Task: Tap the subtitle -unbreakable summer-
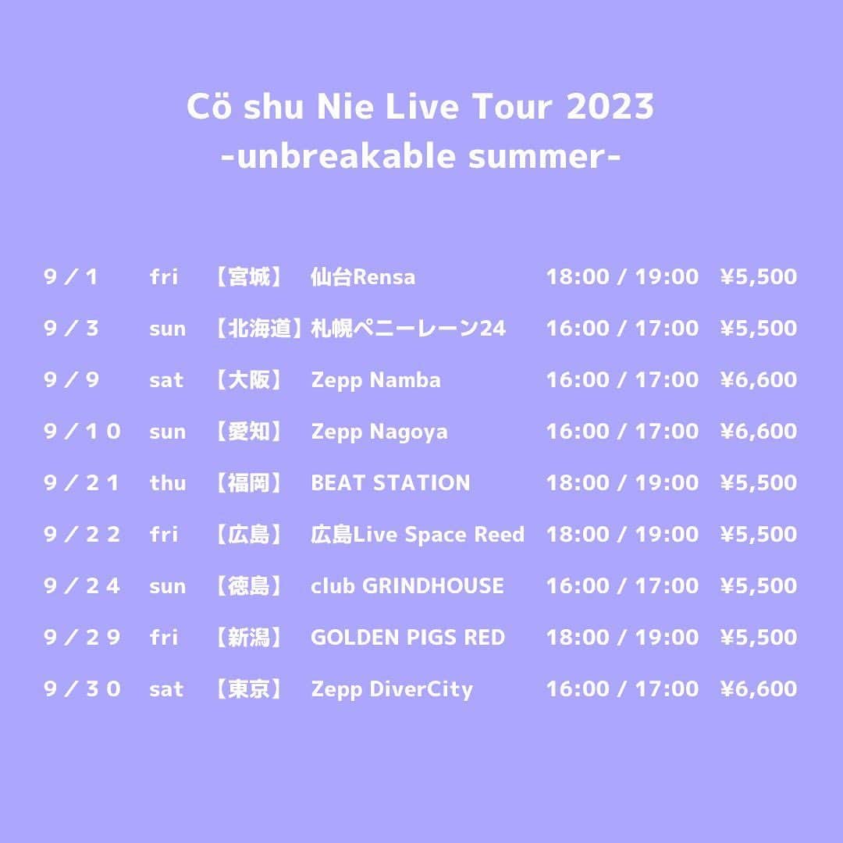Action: point(421,157)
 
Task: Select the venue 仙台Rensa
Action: point(363,277)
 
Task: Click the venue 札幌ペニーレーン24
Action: point(408,329)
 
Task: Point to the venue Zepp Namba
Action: point(375,380)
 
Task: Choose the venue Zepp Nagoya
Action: point(379,432)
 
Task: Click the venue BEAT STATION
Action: point(390,483)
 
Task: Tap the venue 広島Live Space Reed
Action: point(418,535)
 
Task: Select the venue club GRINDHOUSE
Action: point(407,586)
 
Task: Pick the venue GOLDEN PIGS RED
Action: point(407,638)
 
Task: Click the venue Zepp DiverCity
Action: point(392,689)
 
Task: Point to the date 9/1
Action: point(71,277)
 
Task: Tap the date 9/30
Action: point(83,689)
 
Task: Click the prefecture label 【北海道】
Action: point(257,329)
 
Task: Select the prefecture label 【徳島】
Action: point(248,586)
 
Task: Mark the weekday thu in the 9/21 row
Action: point(167,483)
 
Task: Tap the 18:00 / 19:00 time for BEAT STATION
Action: point(622,483)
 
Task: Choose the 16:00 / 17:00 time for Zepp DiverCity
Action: point(622,689)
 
